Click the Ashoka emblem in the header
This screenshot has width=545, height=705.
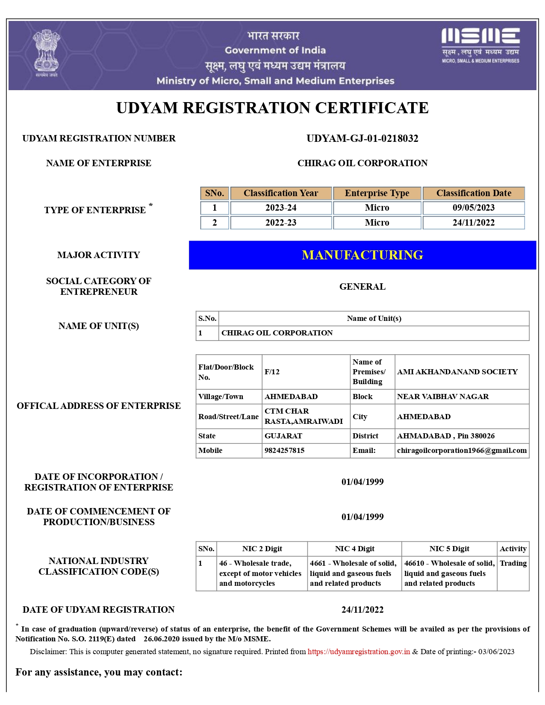pos(47,52)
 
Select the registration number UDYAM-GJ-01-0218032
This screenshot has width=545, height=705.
pos(362,138)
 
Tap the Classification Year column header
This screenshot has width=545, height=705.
pos(281,193)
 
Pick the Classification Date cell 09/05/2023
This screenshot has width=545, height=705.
pos(473,208)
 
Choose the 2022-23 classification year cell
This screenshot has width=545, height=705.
pos(281,223)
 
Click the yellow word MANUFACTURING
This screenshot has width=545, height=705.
pos(362,255)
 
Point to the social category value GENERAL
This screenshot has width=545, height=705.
pos(362,287)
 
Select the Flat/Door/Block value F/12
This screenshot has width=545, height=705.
pos(272,372)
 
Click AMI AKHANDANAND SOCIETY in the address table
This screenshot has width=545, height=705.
pos(457,372)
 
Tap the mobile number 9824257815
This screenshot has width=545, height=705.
pos(284,450)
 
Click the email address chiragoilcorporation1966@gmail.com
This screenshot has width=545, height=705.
pos(462,450)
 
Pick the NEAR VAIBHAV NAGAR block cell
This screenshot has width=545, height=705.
pos(443,397)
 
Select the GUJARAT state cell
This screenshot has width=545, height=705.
pos(283,436)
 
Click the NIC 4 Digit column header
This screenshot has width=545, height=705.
pos(354,549)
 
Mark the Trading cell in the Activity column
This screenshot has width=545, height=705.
pos(513,563)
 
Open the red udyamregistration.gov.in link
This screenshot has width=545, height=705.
pos(359,652)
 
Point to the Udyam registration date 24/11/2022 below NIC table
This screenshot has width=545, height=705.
pos(362,610)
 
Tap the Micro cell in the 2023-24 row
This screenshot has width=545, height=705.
pos(377,208)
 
